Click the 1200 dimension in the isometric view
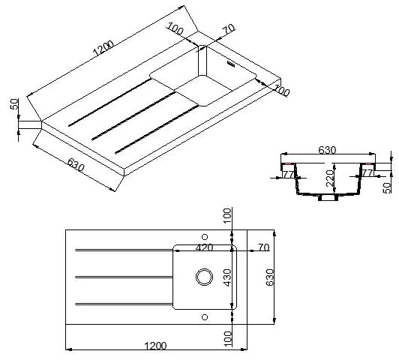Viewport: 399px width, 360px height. [103, 48]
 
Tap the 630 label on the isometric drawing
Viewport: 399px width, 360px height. [76, 165]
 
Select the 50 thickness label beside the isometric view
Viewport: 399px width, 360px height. [15, 103]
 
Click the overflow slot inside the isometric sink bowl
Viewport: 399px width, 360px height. [231, 64]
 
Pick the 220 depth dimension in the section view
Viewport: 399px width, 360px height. [330, 178]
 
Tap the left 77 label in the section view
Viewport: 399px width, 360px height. [289, 174]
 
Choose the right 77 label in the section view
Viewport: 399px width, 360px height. [367, 173]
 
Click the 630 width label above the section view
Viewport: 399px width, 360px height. [327, 150]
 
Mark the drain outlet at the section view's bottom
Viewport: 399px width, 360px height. [328, 197]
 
